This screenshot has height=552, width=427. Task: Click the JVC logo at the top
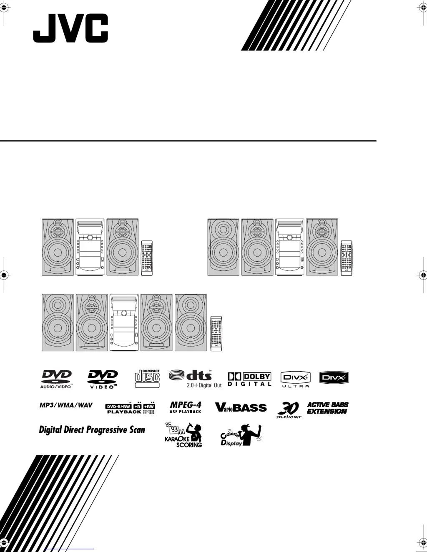(x=70, y=28)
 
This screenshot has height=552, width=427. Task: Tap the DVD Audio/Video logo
(x=56, y=379)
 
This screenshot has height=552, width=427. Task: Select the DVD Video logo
(x=102, y=379)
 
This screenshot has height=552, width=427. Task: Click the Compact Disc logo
(x=147, y=376)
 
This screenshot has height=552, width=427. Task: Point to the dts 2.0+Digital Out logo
(x=195, y=378)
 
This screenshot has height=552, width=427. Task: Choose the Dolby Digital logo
(x=249, y=379)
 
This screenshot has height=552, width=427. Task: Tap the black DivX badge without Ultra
(x=334, y=378)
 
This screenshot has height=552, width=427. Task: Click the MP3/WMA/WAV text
(x=66, y=405)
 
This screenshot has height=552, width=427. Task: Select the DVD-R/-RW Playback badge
(x=130, y=408)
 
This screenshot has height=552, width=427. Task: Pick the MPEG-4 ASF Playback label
(x=186, y=407)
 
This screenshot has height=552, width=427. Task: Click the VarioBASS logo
(x=241, y=407)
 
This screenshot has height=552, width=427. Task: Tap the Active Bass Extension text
(x=327, y=408)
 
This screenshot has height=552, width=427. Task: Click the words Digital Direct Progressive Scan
(x=92, y=430)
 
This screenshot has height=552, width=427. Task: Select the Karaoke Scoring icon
(x=184, y=435)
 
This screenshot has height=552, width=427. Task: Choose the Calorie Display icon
(x=241, y=436)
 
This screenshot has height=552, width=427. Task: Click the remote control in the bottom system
(x=216, y=333)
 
